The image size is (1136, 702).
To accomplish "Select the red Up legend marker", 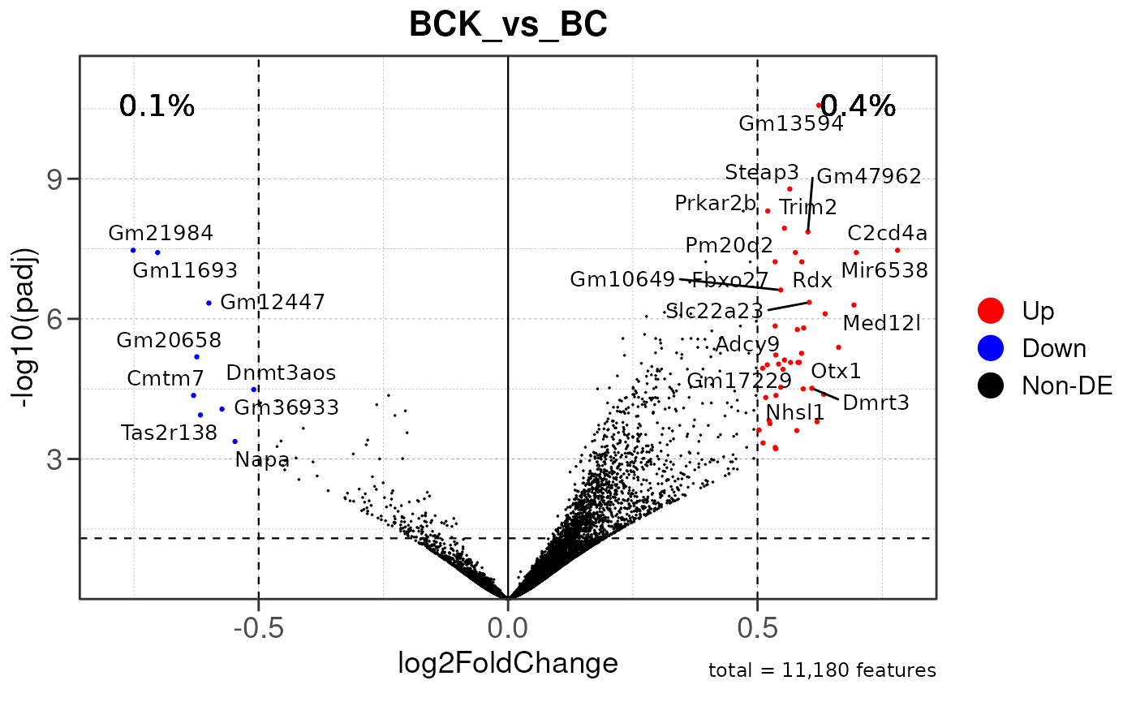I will pyautogui.click(x=991, y=309).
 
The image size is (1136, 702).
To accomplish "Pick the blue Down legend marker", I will pyautogui.click(x=991, y=347).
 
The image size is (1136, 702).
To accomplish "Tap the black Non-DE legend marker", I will pyautogui.click(x=991, y=385).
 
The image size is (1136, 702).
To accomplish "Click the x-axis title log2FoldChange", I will pyautogui.click(x=508, y=663).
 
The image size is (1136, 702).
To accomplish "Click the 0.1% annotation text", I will pyautogui.click(x=157, y=106).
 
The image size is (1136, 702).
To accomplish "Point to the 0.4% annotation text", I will pyautogui.click(x=858, y=106).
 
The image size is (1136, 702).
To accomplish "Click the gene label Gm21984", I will pyautogui.click(x=161, y=233).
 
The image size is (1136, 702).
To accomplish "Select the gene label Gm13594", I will pyautogui.click(x=791, y=124).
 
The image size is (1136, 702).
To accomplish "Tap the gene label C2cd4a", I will pyautogui.click(x=887, y=233).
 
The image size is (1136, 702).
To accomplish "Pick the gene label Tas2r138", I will pyautogui.click(x=169, y=433).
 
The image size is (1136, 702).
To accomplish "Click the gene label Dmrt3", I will pyautogui.click(x=876, y=402).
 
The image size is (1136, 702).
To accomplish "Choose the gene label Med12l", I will pyautogui.click(x=881, y=324).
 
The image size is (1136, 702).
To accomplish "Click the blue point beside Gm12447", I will pyautogui.click(x=209, y=303).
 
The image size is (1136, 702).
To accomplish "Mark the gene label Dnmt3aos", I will pyautogui.click(x=281, y=373).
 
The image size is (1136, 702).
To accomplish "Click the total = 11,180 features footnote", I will pyautogui.click(x=822, y=670).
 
